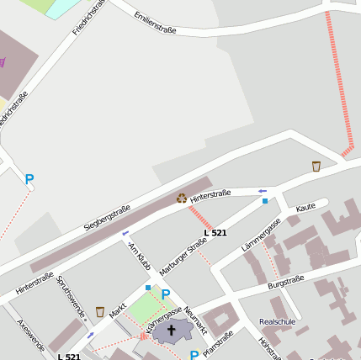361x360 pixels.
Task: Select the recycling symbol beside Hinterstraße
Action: coord(182,198)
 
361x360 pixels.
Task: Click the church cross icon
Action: coord(172,330)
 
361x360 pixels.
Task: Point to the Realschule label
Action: coord(279,321)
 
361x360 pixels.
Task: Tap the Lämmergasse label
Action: coord(261,234)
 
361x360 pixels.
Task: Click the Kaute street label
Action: coord(306,206)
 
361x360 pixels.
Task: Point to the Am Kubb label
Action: coord(139,256)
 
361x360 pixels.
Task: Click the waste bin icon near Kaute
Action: coord(316,166)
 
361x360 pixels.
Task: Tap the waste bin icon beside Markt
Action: coord(100,312)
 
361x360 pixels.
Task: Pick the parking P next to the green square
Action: coord(166,294)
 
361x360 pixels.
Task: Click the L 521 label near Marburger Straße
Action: coord(215,232)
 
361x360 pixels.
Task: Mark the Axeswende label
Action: coord(31,334)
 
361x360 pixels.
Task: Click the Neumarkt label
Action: coord(195,316)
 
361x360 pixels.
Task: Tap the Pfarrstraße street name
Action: coord(218,343)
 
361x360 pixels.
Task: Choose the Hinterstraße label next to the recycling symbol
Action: coord(210,195)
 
